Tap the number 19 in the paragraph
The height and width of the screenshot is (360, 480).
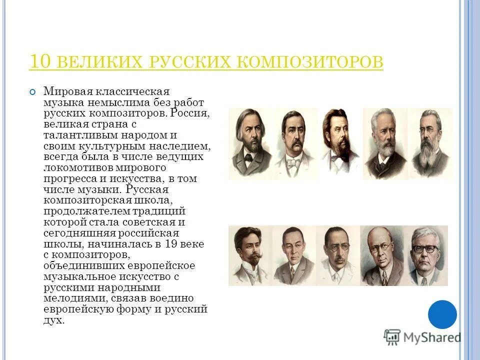pyautogui.click(x=173, y=244)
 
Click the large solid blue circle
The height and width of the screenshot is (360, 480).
pyautogui.click(x=442, y=314)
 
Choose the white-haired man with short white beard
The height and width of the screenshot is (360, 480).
pyautogui.click(x=385, y=143)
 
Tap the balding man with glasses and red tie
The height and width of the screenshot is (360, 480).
pyautogui.click(x=382, y=255)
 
